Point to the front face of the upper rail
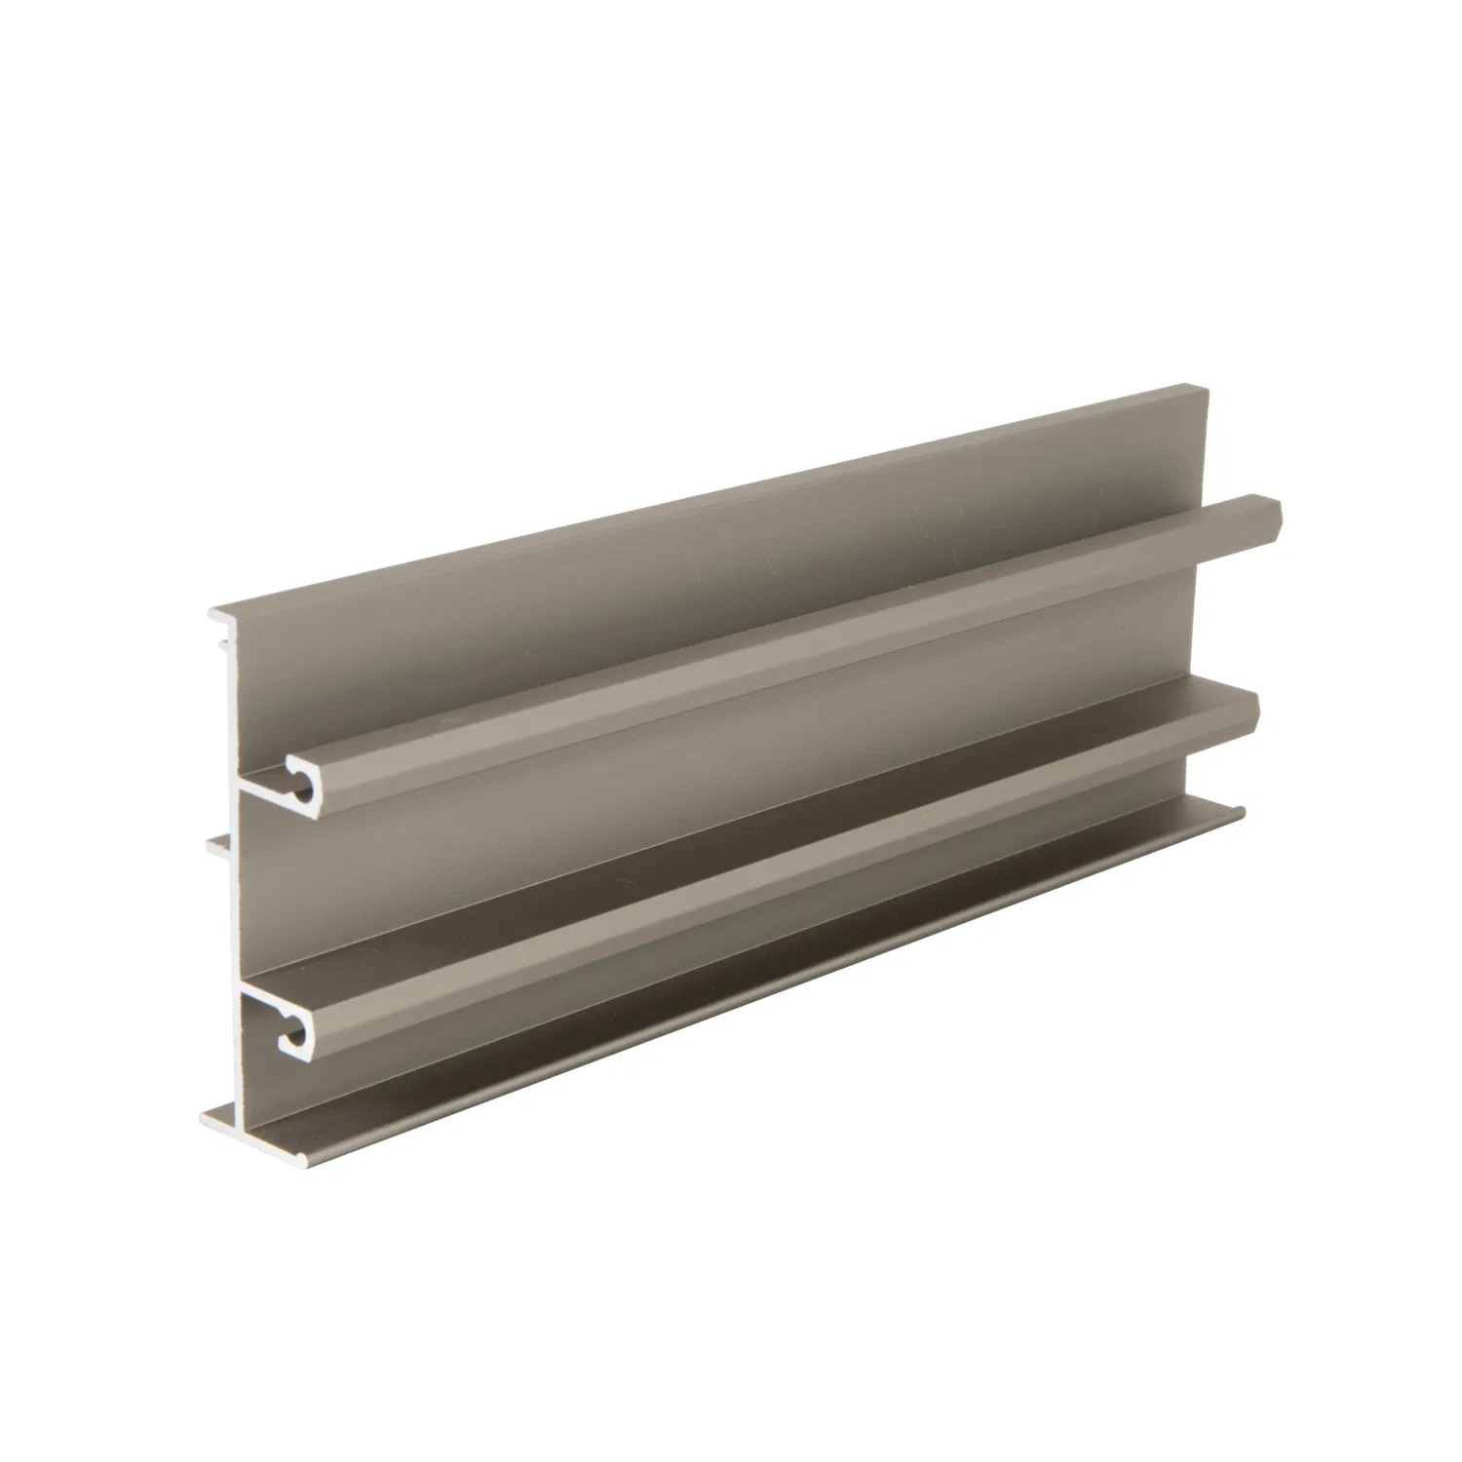point(780,643)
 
